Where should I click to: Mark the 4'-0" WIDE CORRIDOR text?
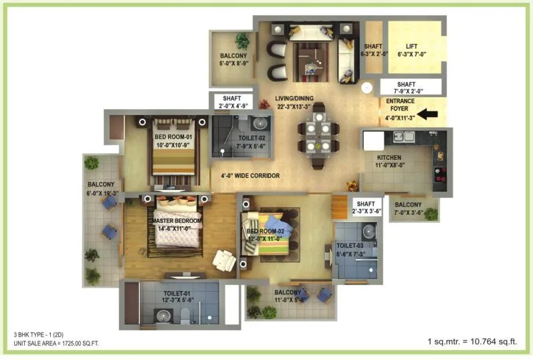click(245, 176)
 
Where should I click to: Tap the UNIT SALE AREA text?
click(56, 343)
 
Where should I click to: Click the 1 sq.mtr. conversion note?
click(472, 342)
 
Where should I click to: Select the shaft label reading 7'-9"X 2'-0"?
click(411, 87)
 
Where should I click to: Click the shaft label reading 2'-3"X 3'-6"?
click(367, 207)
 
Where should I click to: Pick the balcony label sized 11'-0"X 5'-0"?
click(290, 296)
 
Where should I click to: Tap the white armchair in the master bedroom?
click(223, 260)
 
